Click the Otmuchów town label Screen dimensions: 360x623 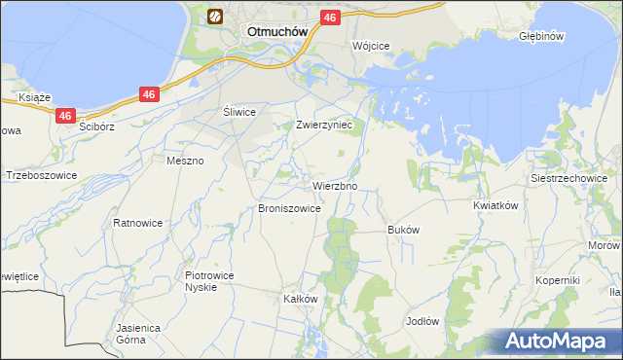[x=277, y=30]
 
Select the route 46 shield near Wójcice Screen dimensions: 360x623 [x=329, y=18]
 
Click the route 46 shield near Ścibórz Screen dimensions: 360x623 [x=64, y=115]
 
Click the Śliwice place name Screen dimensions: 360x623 [x=239, y=112]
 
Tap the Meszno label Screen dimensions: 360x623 [x=185, y=161]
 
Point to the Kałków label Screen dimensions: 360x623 [x=300, y=299]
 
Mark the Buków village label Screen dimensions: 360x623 [x=403, y=230]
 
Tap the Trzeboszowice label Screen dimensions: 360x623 [x=41, y=176]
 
